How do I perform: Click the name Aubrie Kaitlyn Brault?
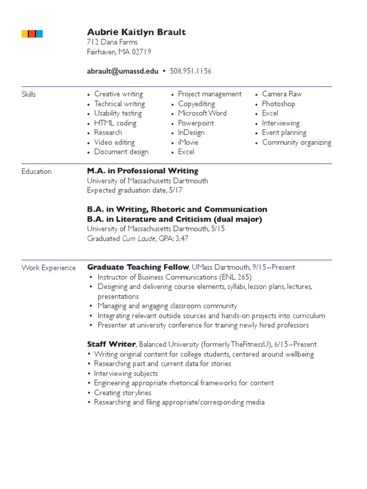(136, 32)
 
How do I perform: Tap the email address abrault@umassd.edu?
(122, 71)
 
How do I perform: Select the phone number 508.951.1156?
(191, 71)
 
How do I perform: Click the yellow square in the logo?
(25, 33)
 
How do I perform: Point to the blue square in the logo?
(39, 33)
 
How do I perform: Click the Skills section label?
(29, 95)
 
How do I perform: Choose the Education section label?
(36, 171)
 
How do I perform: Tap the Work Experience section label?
(48, 268)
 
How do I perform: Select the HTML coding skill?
(115, 123)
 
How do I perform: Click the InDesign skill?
(191, 133)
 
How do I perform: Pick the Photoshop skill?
(279, 104)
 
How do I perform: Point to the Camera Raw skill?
(282, 94)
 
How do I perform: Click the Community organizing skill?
(296, 142)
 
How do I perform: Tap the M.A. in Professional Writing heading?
(142, 171)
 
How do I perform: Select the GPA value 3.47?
(182, 238)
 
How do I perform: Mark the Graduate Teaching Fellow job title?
(138, 267)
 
